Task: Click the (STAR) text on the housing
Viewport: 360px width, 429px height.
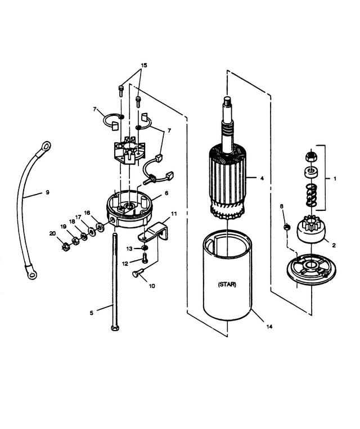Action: pyautogui.click(x=227, y=285)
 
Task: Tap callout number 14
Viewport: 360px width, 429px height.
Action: pyautogui.click(x=269, y=327)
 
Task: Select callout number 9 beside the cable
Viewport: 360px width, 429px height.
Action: pyautogui.click(x=47, y=192)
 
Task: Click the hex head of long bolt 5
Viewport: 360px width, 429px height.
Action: pyautogui.click(x=115, y=327)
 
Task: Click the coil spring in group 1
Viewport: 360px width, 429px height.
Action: pyautogui.click(x=311, y=195)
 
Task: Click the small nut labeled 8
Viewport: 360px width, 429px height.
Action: pyautogui.click(x=287, y=227)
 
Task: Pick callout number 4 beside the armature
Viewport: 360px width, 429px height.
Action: pyautogui.click(x=262, y=178)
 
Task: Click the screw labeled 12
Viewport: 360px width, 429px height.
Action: pyautogui.click(x=145, y=258)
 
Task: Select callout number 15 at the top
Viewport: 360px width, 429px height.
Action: pyautogui.click(x=144, y=65)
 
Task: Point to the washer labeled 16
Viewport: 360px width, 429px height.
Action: pyautogui.click(x=100, y=226)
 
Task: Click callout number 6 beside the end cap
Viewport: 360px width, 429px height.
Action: pyautogui.click(x=166, y=193)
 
